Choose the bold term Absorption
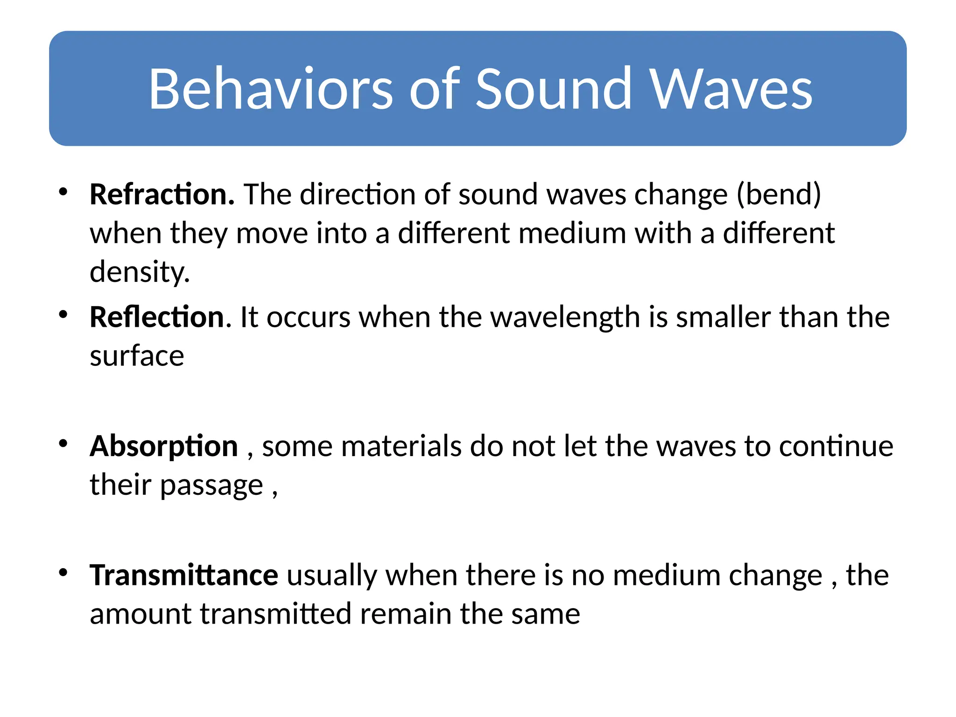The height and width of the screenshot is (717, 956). (164, 447)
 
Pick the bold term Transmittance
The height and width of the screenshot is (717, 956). (184, 575)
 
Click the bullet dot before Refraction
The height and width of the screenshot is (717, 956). (63, 192)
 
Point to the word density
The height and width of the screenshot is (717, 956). (139, 272)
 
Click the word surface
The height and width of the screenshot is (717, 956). (137, 356)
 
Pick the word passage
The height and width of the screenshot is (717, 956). (211, 486)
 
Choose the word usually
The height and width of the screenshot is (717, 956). (331, 575)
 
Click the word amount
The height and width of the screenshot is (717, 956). (140, 614)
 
